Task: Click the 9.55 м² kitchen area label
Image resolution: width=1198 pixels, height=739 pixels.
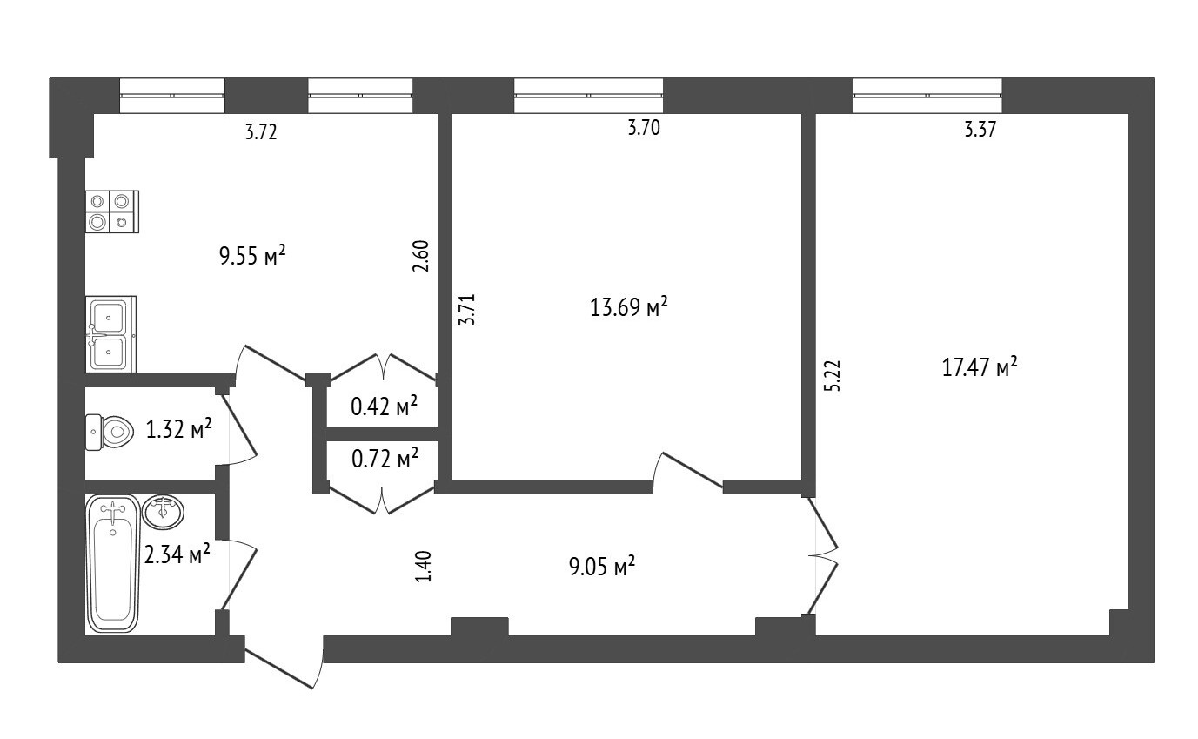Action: pyautogui.click(x=252, y=256)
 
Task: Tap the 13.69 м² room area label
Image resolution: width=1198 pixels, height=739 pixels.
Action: pyautogui.click(x=628, y=306)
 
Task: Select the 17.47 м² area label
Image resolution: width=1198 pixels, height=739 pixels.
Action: pyautogui.click(x=979, y=367)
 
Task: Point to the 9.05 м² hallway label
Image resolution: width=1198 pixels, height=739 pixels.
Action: pyautogui.click(x=602, y=566)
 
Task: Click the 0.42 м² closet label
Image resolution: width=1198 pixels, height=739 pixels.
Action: pyautogui.click(x=384, y=406)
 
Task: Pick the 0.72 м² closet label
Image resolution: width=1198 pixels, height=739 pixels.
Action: pyautogui.click(x=385, y=458)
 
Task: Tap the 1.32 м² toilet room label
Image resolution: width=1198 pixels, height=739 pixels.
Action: pyautogui.click(x=178, y=428)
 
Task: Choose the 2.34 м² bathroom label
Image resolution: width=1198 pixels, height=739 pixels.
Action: pyautogui.click(x=177, y=554)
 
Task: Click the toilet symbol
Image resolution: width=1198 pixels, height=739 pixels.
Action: pyautogui.click(x=109, y=433)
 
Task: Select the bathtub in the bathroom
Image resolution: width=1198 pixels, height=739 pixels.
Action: pyautogui.click(x=112, y=563)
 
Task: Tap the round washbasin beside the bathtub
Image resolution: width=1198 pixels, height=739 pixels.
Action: pyautogui.click(x=164, y=512)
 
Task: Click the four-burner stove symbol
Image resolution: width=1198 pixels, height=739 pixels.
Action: pyautogui.click(x=112, y=212)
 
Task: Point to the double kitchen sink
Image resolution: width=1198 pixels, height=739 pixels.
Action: pyautogui.click(x=110, y=334)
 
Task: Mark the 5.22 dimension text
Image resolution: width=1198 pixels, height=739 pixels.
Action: pyautogui.click(x=833, y=376)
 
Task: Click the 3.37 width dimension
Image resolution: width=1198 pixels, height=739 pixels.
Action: pyautogui.click(x=980, y=130)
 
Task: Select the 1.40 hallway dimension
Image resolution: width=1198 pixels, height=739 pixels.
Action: pyautogui.click(x=423, y=566)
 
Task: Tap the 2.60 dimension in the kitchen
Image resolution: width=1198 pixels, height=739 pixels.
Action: pyautogui.click(x=421, y=256)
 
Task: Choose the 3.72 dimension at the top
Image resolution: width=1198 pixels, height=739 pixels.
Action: pyautogui.click(x=261, y=131)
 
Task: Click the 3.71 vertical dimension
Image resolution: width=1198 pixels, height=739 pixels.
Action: pyautogui.click(x=467, y=309)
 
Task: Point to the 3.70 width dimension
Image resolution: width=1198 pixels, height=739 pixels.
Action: pyautogui.click(x=644, y=128)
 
